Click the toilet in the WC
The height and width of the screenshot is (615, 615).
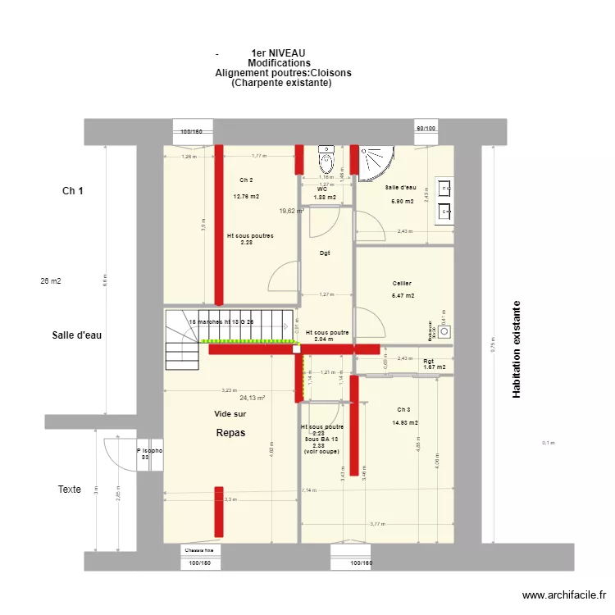(x=326, y=158)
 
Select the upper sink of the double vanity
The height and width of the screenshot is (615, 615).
(x=445, y=189)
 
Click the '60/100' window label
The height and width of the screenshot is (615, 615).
(x=426, y=128)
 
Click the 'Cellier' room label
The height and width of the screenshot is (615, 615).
(x=402, y=283)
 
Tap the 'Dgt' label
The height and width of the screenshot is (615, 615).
(x=326, y=253)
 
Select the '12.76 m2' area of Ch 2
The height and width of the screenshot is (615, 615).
(x=246, y=197)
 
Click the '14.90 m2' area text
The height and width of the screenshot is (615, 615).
(x=405, y=423)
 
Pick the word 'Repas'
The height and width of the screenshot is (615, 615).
(x=230, y=432)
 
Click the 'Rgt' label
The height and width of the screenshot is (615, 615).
(x=428, y=361)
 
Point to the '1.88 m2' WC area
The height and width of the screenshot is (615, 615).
(x=326, y=198)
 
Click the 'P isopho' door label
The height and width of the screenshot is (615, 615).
(x=149, y=450)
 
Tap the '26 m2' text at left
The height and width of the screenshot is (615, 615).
(x=51, y=280)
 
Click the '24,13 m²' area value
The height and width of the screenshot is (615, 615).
(x=253, y=398)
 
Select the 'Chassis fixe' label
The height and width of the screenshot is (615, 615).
(x=198, y=550)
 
